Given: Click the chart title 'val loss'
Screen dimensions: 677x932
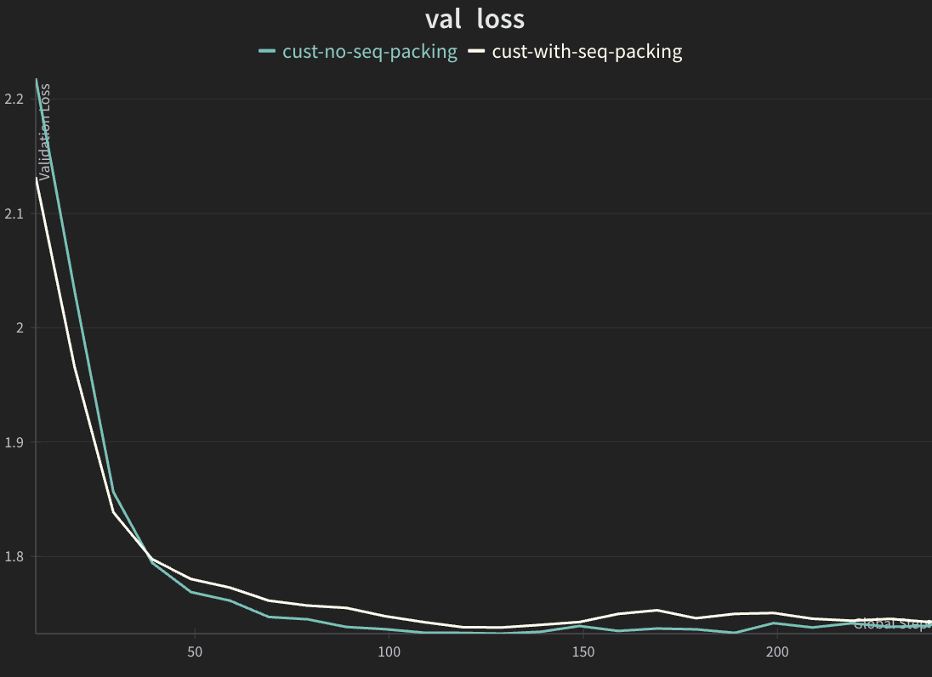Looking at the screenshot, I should coord(475,19).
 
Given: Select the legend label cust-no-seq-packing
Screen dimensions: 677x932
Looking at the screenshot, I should coord(370,52).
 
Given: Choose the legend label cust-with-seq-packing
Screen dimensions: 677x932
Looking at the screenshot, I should coord(587,52).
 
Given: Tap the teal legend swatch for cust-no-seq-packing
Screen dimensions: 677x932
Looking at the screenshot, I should coord(267,52).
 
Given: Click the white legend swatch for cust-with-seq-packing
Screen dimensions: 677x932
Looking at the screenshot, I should coord(476,52).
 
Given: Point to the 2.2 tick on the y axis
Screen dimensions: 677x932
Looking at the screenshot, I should coord(14,100).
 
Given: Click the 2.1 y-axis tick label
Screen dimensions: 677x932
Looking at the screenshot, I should coord(14,213).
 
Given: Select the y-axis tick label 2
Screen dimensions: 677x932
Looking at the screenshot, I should coord(19,328).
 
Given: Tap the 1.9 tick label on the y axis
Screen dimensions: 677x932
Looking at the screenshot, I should coord(14,442).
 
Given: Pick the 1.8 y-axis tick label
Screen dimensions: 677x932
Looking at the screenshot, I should coord(14,557).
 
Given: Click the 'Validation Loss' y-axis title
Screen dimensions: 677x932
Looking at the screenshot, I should coord(45,132).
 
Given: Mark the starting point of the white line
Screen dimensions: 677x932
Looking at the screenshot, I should coord(37,179).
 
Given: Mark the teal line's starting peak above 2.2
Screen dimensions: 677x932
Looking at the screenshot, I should coord(37,80).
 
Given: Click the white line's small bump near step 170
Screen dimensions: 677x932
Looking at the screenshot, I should coord(656,610).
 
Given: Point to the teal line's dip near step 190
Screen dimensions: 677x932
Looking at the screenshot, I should coord(734,632).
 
